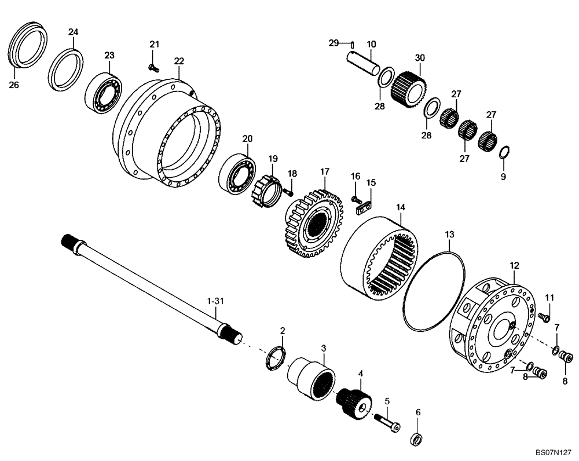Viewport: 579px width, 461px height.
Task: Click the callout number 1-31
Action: pyautogui.click(x=215, y=301)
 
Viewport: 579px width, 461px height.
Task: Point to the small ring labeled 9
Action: pyautogui.click(x=503, y=152)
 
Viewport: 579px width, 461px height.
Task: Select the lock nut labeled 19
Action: pyautogui.click(x=266, y=191)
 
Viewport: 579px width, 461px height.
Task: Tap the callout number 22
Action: pyautogui.click(x=179, y=60)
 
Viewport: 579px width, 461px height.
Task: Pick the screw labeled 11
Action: pyautogui.click(x=543, y=317)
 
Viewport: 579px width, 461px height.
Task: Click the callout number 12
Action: pyautogui.click(x=514, y=265)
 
